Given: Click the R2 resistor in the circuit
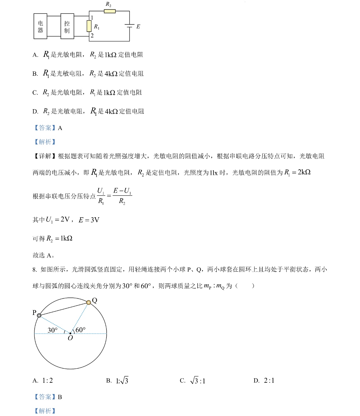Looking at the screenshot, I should (109, 11).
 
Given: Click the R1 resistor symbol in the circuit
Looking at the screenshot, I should (89, 26).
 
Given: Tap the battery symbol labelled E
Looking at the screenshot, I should (129, 26).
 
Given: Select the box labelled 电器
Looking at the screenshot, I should (40, 26).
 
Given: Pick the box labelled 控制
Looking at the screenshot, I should (67, 26).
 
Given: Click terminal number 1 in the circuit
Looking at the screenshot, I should (92, 18).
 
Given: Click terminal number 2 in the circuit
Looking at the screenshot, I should (92, 36).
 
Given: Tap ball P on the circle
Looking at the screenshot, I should (39, 316).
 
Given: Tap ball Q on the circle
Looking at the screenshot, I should (89, 302).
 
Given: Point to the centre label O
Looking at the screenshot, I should (70, 338).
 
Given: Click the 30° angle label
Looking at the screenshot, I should (53, 330).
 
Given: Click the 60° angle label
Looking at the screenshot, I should (80, 330).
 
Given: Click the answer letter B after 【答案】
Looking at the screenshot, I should (60, 397).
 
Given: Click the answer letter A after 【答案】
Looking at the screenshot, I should (60, 128).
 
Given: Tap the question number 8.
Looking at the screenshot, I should (34, 270).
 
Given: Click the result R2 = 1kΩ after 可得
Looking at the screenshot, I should (59, 239).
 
